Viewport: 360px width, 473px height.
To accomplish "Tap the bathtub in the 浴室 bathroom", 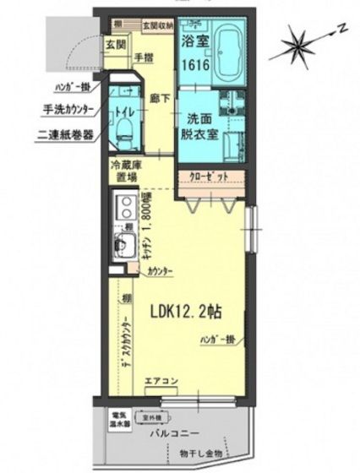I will pos(222,52).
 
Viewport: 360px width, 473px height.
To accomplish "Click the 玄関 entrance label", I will pos(116,45).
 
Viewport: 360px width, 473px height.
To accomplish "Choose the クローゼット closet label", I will pos(208,178).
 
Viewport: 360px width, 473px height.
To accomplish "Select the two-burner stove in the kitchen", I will pos(124,208).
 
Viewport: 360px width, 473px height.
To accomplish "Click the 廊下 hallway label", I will pos(155,97).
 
